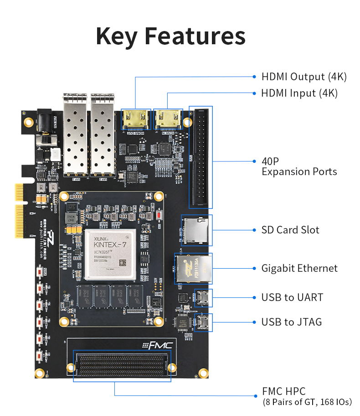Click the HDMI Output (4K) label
[x=304, y=77]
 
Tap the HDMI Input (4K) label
[x=299, y=93]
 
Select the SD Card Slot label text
[x=290, y=230]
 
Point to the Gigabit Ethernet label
[x=299, y=268]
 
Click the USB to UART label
[x=292, y=297]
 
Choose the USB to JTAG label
[x=291, y=322]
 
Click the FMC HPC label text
[x=283, y=391]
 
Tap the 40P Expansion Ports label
[x=299, y=166]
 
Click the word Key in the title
[x=117, y=36]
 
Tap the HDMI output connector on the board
[x=136, y=120]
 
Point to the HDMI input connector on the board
[x=168, y=120]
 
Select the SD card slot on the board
[x=196, y=229]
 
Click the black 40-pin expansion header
[x=201, y=157]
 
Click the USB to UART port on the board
[x=202, y=297]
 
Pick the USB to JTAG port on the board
[x=202, y=322]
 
